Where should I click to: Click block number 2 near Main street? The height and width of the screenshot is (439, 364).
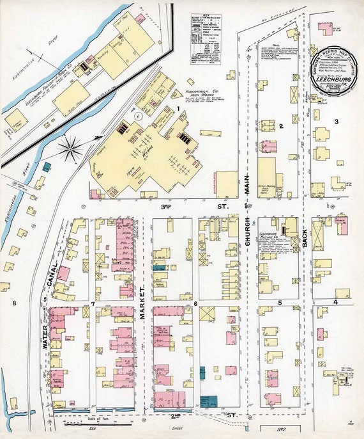[280, 126]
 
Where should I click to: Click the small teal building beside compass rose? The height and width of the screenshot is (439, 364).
[47, 166]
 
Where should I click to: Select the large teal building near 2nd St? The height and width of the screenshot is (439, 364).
[208, 401]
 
